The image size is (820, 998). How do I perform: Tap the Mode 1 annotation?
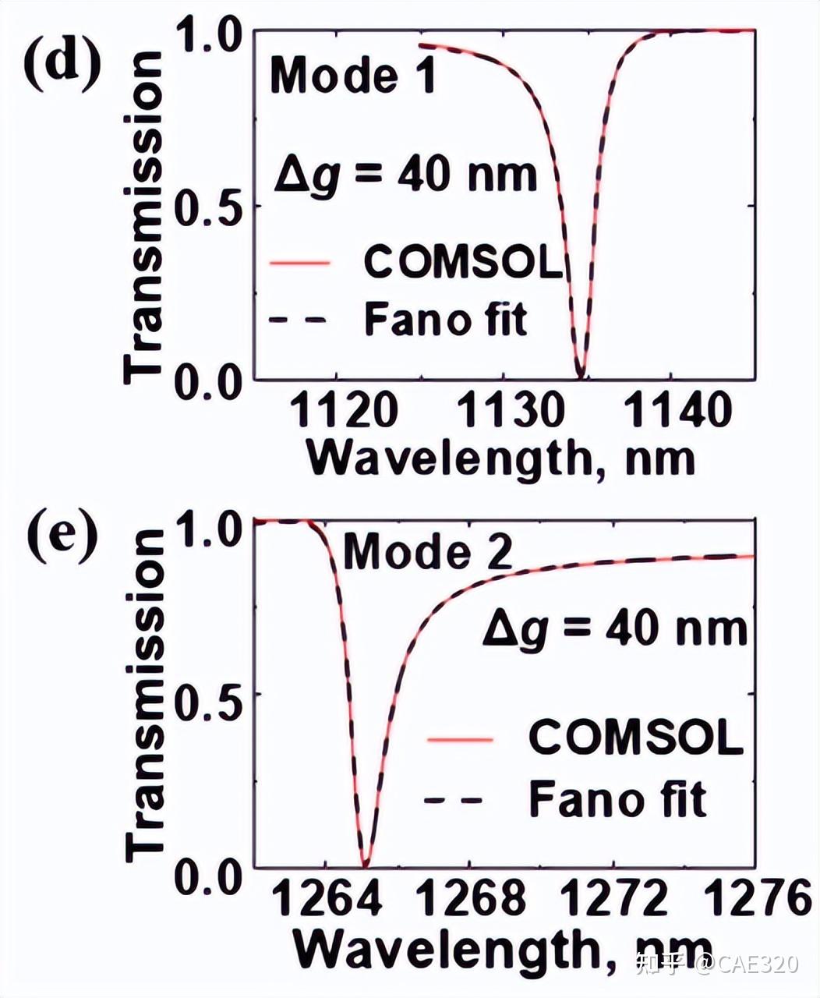(352, 76)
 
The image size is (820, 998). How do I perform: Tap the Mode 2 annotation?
(428, 551)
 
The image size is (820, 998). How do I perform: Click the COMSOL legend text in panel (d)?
(463, 263)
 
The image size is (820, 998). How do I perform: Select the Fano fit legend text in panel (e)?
(617, 798)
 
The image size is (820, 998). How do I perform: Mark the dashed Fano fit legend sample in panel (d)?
(299, 320)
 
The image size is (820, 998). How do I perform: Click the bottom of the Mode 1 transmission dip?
(580, 375)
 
